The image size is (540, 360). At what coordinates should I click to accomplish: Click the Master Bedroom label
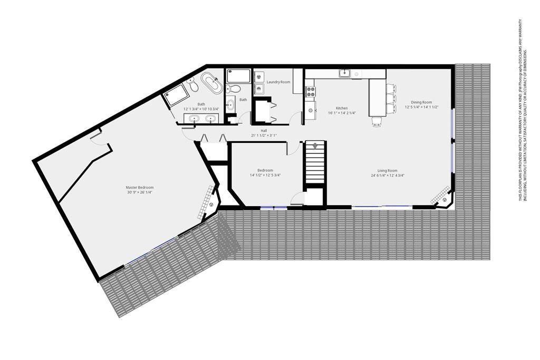(x=139, y=188)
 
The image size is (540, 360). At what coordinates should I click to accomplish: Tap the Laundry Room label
(x=278, y=82)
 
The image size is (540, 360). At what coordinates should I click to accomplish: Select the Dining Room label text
(x=421, y=102)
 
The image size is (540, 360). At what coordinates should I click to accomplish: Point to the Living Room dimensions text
(x=388, y=175)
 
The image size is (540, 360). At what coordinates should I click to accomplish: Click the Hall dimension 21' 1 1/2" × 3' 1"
(x=264, y=135)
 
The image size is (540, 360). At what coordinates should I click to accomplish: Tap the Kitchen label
(x=342, y=108)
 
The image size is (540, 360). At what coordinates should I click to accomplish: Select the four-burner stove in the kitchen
(x=311, y=91)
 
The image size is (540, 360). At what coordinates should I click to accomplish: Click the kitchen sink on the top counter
(x=343, y=73)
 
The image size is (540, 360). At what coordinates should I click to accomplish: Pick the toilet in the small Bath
(x=234, y=89)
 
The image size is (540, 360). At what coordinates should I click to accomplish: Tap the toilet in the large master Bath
(x=192, y=84)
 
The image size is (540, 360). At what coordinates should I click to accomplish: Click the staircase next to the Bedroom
(x=314, y=162)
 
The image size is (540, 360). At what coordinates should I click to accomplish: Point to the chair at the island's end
(x=377, y=121)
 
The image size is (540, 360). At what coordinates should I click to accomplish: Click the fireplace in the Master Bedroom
(x=208, y=203)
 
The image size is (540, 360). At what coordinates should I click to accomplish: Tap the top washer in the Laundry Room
(x=259, y=77)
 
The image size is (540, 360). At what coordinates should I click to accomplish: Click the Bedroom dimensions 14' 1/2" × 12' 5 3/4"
(x=265, y=175)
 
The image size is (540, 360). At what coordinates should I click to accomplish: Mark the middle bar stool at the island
(x=391, y=99)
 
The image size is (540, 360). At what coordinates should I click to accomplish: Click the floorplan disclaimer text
(x=523, y=110)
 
